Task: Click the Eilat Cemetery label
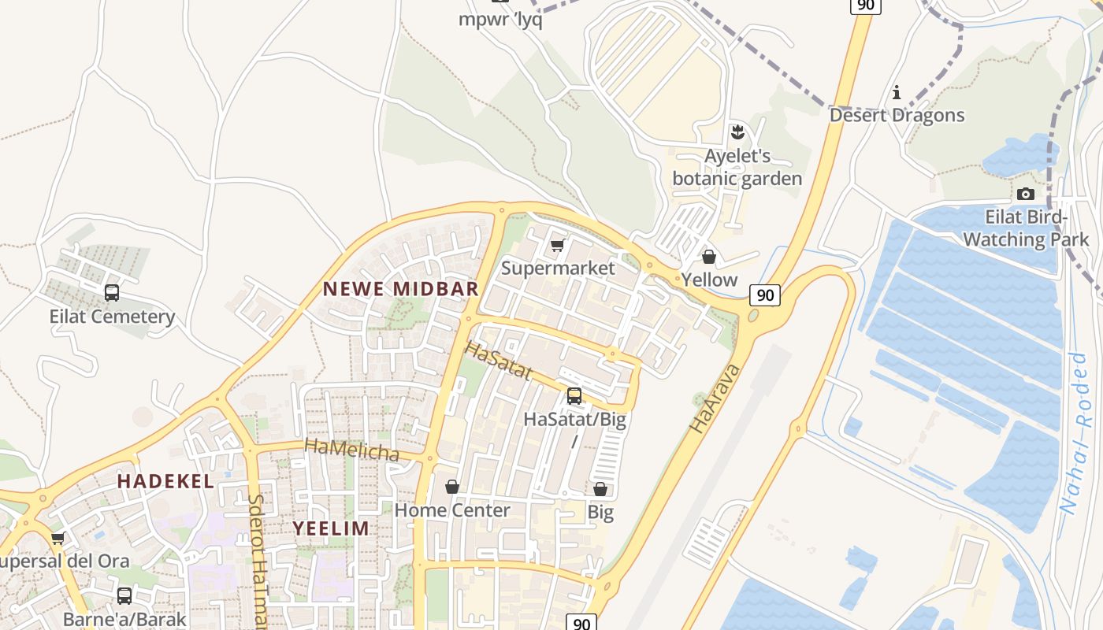(112, 317)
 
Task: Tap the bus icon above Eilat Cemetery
(112, 293)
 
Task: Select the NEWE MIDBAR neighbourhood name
(401, 289)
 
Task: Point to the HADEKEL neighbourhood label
(165, 481)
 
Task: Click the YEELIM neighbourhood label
(331, 528)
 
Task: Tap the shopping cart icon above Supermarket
(558, 246)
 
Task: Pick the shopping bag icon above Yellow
(709, 257)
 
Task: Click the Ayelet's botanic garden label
(737, 167)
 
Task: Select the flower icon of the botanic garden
(737, 132)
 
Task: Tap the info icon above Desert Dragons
(896, 93)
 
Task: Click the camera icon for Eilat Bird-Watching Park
(1026, 194)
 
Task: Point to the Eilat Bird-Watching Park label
(1026, 228)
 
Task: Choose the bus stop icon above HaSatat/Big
(574, 395)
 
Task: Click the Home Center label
(452, 510)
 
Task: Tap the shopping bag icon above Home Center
(452, 487)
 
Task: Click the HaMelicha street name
(351, 450)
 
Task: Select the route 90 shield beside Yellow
(764, 295)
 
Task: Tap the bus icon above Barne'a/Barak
(124, 595)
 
